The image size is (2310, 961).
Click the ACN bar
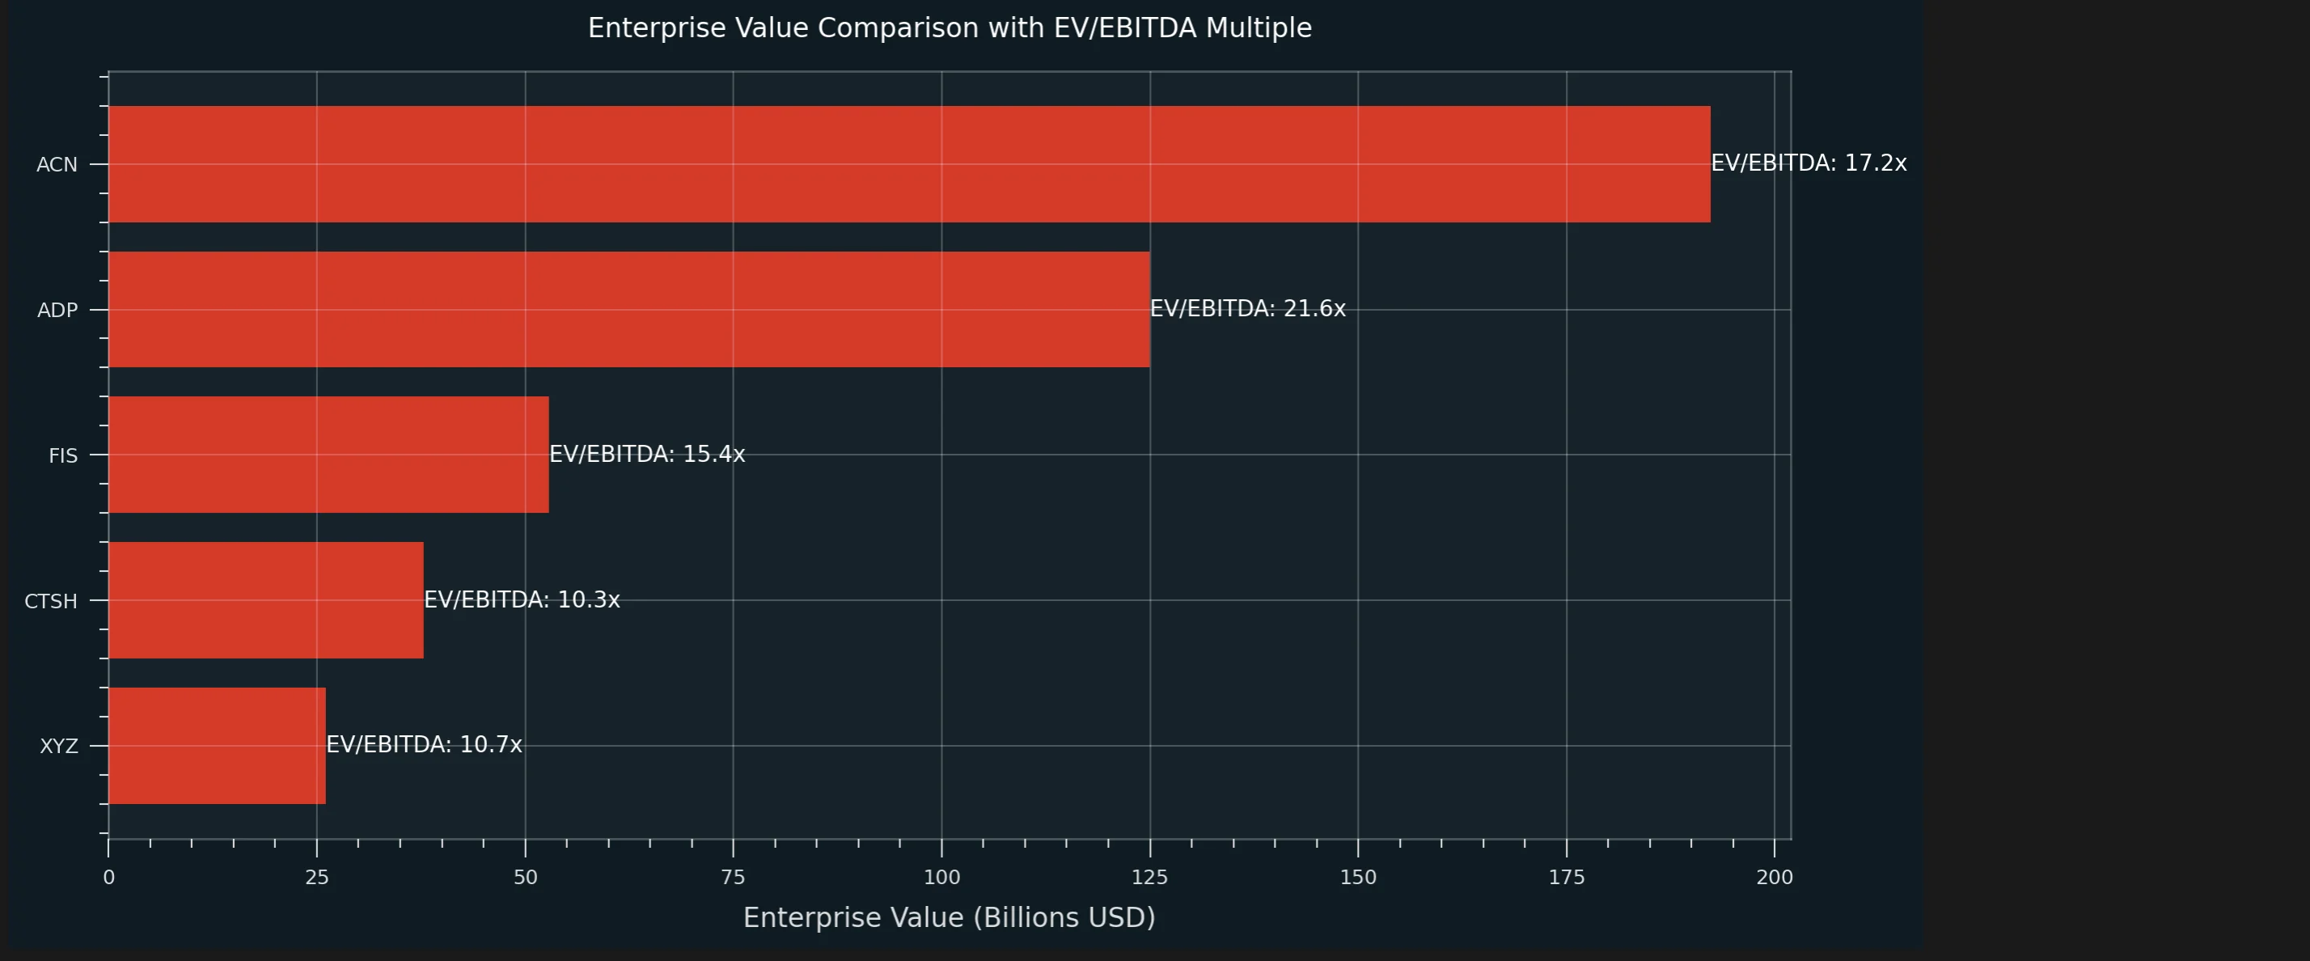(x=909, y=164)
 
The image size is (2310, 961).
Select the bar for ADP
(x=628, y=309)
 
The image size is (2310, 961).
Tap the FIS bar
(x=328, y=455)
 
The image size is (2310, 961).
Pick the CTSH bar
(x=265, y=599)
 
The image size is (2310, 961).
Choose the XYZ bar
(x=217, y=745)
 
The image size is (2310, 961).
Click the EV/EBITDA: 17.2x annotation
(x=1809, y=163)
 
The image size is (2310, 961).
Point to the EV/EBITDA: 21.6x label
(x=1247, y=308)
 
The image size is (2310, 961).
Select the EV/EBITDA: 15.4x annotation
(x=646, y=454)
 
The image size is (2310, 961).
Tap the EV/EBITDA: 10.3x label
(x=521, y=599)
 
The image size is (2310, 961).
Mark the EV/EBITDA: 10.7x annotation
(x=423, y=744)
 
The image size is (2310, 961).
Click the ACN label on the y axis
(x=57, y=165)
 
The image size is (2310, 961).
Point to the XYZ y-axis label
(x=58, y=746)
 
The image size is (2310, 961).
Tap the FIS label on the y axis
(x=63, y=455)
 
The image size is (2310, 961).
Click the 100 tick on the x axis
(x=941, y=878)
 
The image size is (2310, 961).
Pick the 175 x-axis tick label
(x=1567, y=878)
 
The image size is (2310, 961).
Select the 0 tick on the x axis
(x=108, y=878)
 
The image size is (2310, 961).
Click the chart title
(x=950, y=28)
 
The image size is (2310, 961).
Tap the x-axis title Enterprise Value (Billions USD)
(x=949, y=917)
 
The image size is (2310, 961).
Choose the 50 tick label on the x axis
(x=526, y=878)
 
